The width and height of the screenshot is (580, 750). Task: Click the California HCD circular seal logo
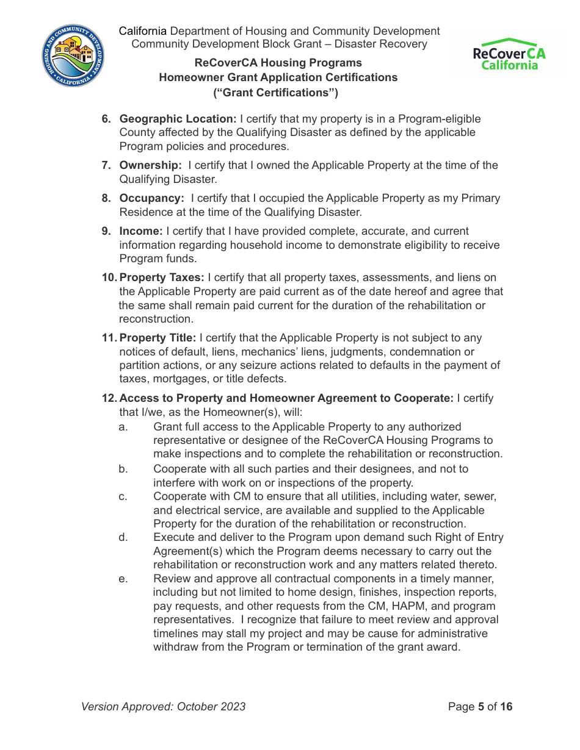coord(73,56)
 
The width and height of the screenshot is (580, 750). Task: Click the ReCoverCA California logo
coord(509,55)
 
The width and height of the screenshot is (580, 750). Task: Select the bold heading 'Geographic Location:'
coord(178,119)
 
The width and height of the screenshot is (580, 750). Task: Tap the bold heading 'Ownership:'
coord(150,165)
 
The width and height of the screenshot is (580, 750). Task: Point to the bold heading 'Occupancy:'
coord(151,198)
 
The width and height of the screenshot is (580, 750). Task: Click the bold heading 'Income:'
coord(141,231)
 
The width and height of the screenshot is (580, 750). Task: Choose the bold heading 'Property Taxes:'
coord(162,277)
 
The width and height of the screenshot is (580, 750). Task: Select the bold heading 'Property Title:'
coord(158,338)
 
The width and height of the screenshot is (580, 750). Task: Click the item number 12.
coord(109,398)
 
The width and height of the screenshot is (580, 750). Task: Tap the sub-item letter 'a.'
coord(123,427)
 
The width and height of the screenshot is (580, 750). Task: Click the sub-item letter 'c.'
coord(123,496)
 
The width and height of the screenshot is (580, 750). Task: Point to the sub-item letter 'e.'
coord(123,579)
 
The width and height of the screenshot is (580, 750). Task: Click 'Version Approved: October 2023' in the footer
coord(164,707)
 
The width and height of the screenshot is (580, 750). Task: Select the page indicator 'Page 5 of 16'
coord(480,707)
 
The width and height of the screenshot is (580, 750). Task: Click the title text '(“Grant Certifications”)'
coord(275,93)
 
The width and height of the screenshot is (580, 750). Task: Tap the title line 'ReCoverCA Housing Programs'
coord(278,63)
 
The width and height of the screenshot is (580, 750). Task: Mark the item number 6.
coord(105,119)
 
